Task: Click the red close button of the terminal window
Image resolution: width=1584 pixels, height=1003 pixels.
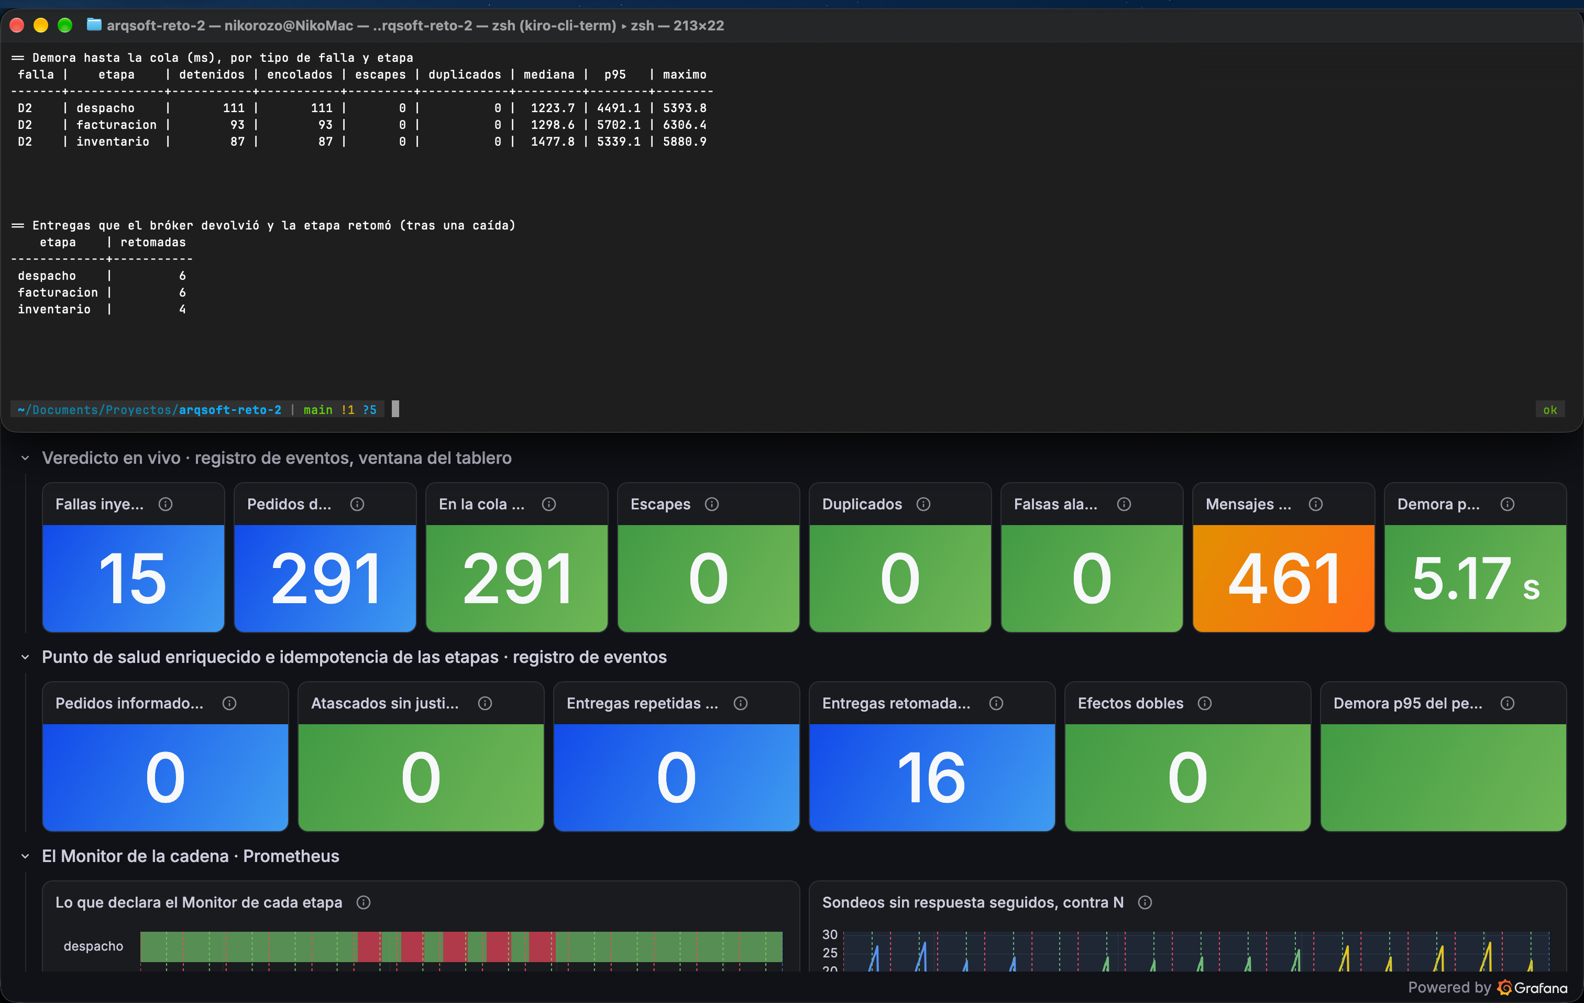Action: pos(17,26)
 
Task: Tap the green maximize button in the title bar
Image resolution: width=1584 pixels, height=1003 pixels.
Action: pos(64,26)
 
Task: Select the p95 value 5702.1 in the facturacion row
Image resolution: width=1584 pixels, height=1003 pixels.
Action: pos(618,124)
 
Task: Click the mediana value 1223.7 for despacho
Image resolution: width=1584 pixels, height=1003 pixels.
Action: pos(553,108)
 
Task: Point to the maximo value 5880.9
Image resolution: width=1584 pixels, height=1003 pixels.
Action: pos(685,141)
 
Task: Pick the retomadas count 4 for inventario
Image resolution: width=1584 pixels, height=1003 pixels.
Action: pos(182,309)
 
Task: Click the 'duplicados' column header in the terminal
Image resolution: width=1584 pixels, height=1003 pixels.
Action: pos(465,74)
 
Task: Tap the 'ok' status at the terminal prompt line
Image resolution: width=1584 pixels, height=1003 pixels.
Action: pos(1550,410)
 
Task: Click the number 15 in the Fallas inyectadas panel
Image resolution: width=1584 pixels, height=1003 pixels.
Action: pos(133,579)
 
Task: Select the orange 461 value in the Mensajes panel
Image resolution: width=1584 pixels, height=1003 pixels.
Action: pos(1283,579)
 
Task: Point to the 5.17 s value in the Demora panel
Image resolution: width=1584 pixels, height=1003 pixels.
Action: pos(1476,579)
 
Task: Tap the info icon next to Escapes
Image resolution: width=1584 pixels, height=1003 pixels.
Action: pos(712,504)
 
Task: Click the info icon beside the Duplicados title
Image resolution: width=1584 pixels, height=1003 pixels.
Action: pos(923,504)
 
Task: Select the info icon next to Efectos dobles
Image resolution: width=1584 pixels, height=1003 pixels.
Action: pos(1204,704)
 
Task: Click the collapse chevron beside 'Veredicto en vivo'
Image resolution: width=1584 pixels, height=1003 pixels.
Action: pos(25,458)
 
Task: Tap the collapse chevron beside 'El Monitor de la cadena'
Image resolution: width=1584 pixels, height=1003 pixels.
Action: pos(25,856)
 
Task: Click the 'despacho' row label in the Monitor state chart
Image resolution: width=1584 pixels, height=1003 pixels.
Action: pos(93,946)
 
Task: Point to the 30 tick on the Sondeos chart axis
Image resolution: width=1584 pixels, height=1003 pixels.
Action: pos(830,934)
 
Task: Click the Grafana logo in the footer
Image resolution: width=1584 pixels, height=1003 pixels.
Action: pos(1504,987)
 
